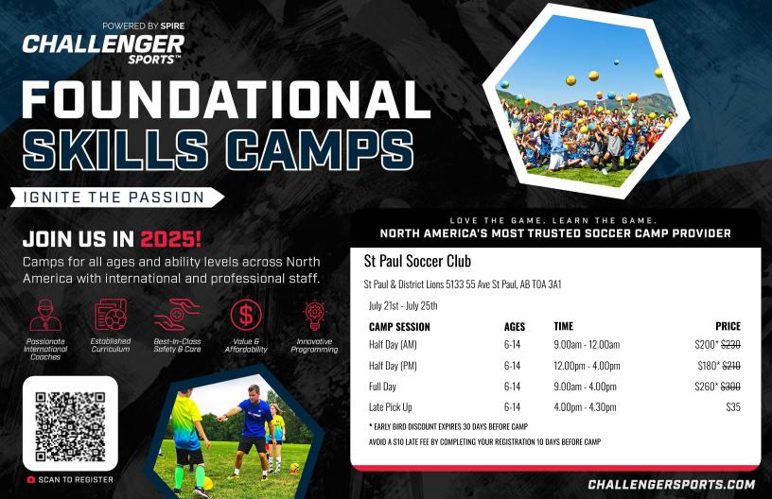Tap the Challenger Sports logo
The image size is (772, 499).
coord(103,43)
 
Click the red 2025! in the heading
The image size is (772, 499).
coord(171,239)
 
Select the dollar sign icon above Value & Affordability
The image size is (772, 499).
coord(246,315)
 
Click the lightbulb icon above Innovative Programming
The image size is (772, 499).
coord(314,315)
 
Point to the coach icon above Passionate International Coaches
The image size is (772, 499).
coord(45,315)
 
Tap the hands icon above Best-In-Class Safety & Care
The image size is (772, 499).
coord(177,315)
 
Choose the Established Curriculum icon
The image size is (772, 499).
coord(111,315)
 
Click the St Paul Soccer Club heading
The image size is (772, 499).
coord(417,261)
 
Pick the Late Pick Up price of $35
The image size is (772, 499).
coord(733,407)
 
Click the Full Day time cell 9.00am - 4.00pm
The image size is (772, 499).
coord(585,387)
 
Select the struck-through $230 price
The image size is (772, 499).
coord(730,345)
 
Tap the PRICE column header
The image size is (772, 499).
coord(728,326)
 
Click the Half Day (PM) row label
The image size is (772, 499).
coord(393,366)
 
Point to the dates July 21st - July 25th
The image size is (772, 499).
coord(403,305)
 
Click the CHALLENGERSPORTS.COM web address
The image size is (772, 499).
coord(672,484)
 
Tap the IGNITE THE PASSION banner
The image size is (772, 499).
coord(116,198)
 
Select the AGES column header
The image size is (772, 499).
coord(515,326)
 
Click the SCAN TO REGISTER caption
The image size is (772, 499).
coord(70,479)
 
